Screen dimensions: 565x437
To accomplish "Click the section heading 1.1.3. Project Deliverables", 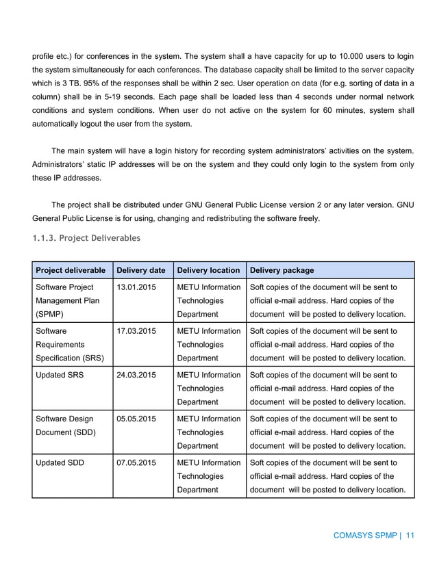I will (86, 239).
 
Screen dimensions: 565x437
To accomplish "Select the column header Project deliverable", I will (71, 270).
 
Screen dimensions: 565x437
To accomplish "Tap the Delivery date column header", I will (140, 270).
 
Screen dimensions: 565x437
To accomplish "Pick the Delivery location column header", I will (208, 270).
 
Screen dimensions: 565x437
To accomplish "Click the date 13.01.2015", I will (136, 288).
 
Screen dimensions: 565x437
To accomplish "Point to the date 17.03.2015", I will (136, 332).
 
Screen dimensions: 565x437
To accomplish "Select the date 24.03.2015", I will (136, 376).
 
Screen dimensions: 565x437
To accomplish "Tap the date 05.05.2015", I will (136, 419).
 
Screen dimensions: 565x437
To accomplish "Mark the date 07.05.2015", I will (136, 463).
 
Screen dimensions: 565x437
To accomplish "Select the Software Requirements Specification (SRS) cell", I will (68, 345).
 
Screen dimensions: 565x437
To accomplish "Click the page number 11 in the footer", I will (410, 536).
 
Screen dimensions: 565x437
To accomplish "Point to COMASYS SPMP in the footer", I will (364, 536).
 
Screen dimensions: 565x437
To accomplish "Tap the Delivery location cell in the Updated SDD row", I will (208, 476).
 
